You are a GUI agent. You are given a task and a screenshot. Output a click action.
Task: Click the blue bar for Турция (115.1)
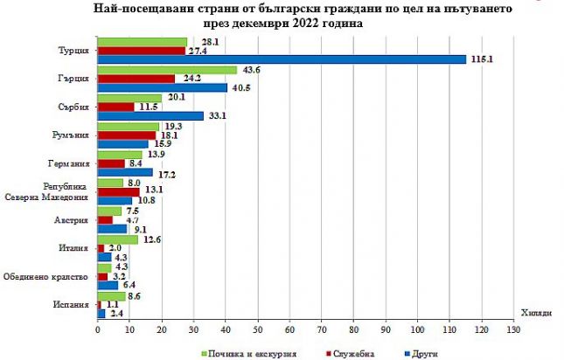pos(282,59)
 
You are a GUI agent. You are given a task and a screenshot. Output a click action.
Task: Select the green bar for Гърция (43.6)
pos(167,69)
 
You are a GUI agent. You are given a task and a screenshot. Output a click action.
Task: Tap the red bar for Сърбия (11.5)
pos(116,107)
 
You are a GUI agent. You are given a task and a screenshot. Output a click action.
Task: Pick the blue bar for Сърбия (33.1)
pos(150,115)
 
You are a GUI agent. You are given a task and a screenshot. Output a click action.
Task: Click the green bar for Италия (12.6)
pos(118,239)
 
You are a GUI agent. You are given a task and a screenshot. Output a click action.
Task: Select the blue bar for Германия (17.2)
pos(125,172)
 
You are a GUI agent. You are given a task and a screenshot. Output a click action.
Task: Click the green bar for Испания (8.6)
pos(111,295)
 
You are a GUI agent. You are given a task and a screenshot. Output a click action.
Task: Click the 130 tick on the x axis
pos(513,329)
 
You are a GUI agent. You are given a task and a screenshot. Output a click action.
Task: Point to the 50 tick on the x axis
pos(257,329)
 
